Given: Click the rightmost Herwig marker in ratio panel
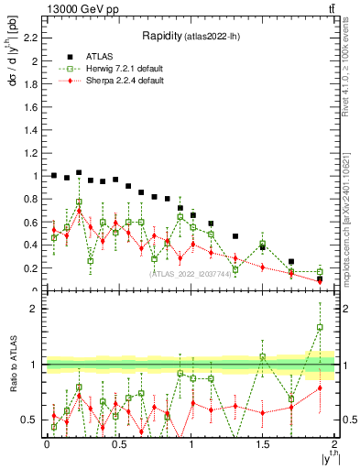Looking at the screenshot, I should click(320, 327).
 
